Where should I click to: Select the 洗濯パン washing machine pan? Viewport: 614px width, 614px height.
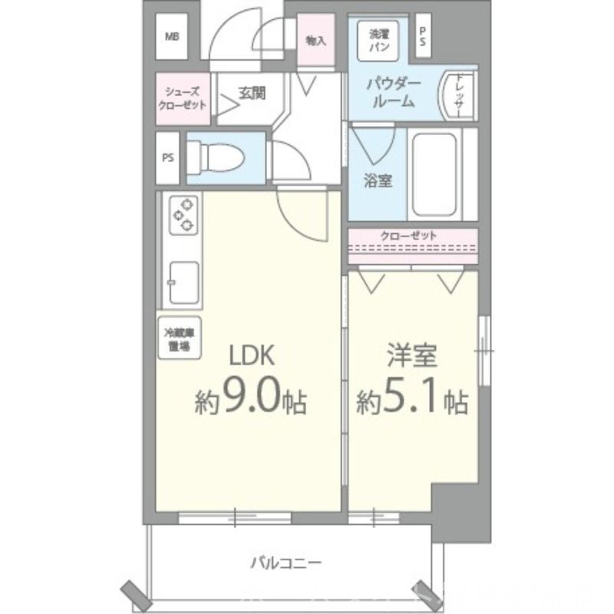point(379,40)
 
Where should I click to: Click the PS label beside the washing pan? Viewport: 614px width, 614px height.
point(423,36)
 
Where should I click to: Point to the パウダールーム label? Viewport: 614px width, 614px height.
point(391,91)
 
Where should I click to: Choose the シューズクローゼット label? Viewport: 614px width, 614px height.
point(183,97)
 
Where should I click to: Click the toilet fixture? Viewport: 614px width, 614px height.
point(218,157)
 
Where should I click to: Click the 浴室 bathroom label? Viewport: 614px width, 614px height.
point(378,181)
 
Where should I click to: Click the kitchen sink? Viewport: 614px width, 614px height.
point(182,281)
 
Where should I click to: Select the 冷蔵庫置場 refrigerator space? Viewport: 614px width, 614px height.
point(178,338)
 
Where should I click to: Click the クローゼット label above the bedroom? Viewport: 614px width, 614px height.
point(413,236)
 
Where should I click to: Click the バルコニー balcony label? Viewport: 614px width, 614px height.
point(286,563)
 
